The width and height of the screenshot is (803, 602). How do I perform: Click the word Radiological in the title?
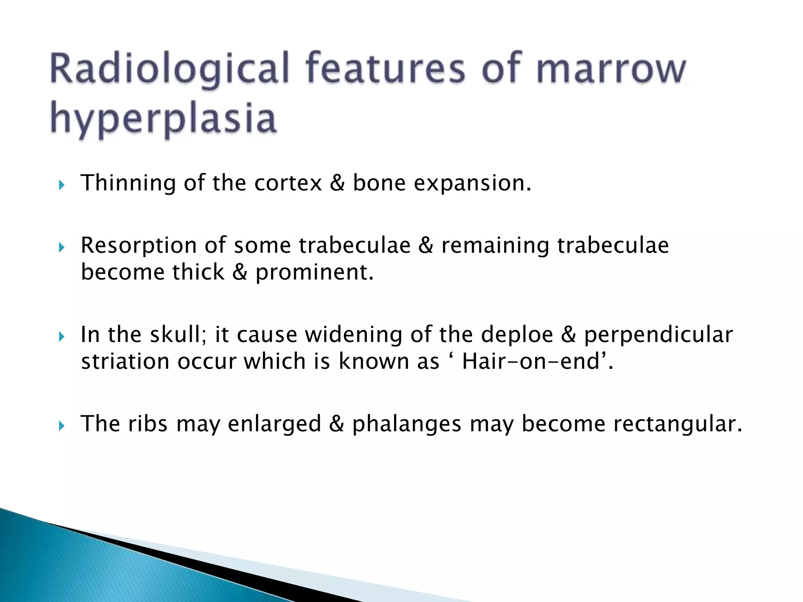coord(169,70)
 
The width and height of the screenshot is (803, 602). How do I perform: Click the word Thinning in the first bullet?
coord(128,183)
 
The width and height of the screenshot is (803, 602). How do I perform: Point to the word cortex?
coord(288,183)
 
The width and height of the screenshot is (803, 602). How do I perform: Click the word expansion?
coord(472,183)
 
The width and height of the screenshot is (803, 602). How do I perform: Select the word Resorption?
coord(138,246)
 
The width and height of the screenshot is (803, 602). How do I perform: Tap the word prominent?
coord(314,272)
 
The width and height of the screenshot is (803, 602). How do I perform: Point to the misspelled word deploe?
coord(517,335)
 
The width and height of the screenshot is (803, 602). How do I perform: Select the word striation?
coord(125,361)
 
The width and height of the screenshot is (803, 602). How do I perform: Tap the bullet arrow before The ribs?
coord(61,426)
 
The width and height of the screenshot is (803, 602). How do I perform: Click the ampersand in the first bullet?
coord(337,183)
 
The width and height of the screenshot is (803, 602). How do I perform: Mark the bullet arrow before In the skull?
coord(61,337)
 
